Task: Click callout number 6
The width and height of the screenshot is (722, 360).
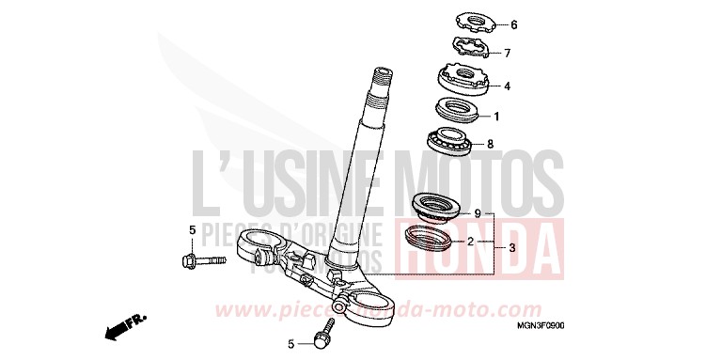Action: click(x=514, y=24)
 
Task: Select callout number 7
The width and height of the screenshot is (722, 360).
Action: click(x=507, y=54)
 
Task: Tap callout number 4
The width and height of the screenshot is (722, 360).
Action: click(x=507, y=86)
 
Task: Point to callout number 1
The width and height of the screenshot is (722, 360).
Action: click(x=496, y=117)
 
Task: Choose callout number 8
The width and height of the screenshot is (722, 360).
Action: click(x=489, y=145)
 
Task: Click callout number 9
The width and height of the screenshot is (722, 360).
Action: click(x=477, y=214)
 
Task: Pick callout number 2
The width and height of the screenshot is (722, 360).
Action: click(x=470, y=242)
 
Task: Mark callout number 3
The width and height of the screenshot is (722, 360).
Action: click(x=511, y=248)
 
